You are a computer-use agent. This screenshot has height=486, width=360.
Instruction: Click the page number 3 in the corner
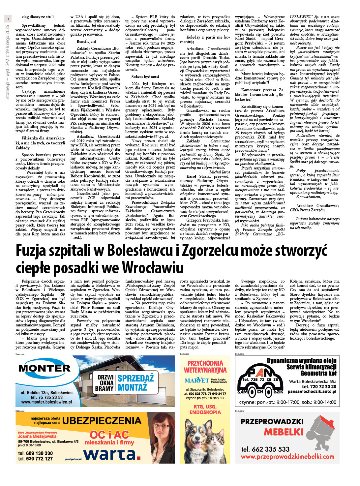click(x=8, y=19)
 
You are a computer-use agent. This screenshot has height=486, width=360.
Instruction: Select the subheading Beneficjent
click(x=86, y=42)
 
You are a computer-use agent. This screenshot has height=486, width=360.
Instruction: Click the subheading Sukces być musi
click(x=145, y=77)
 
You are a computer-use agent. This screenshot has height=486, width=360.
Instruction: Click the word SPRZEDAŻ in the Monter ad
click(x=136, y=378)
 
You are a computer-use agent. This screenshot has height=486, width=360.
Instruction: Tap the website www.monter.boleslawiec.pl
click(x=46, y=402)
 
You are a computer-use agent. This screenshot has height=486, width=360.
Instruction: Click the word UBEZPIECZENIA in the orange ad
click(x=102, y=421)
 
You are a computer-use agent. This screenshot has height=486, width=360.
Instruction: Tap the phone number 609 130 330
click(x=35, y=453)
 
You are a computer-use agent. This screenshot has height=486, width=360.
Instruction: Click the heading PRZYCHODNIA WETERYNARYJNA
click(x=205, y=367)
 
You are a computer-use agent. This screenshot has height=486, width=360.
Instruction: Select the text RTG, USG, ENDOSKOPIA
click(x=205, y=409)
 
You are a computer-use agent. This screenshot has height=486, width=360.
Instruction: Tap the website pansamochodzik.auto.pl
click(x=312, y=392)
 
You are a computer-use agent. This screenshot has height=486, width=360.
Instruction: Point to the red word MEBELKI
click(x=284, y=432)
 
